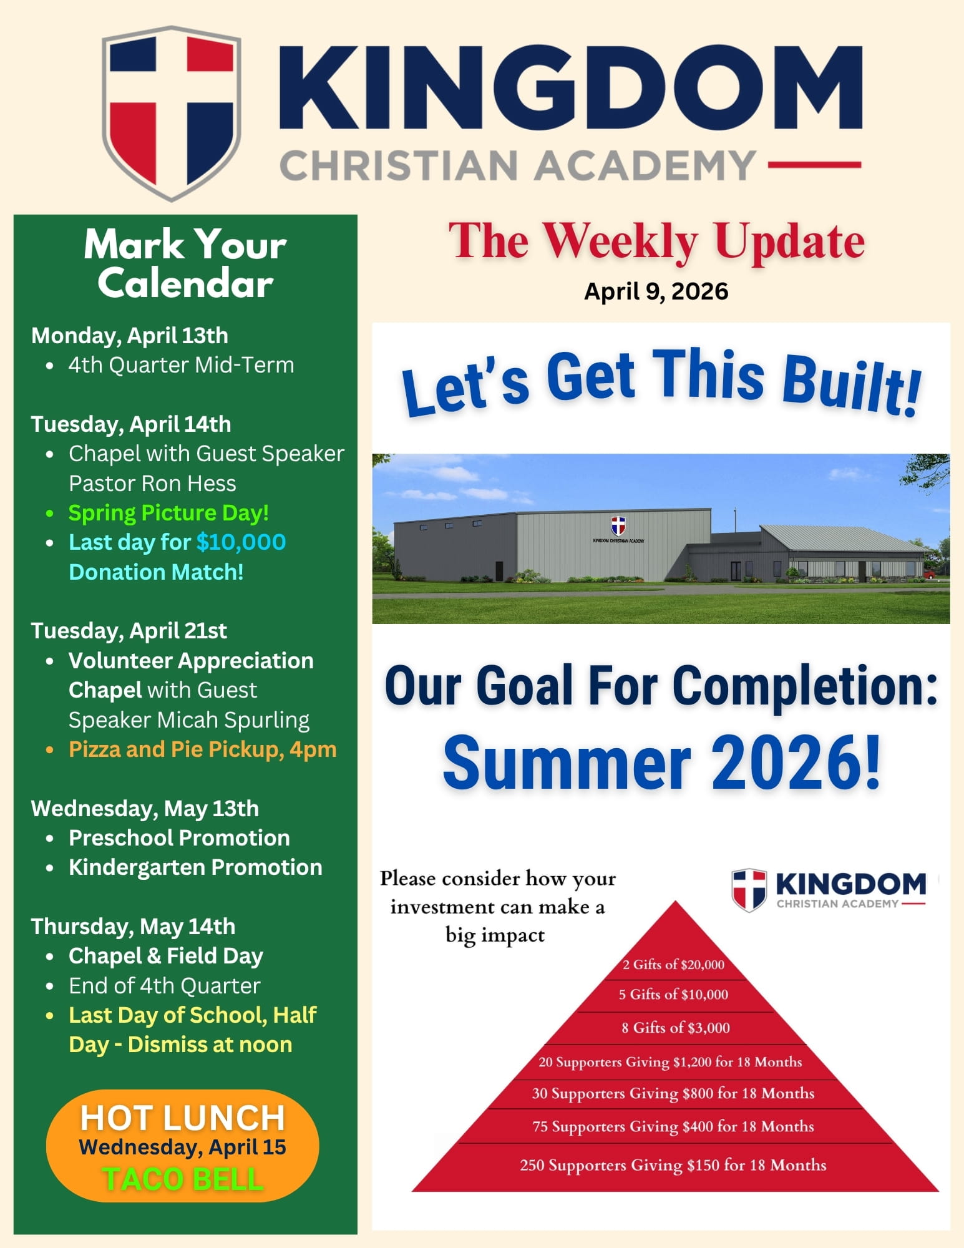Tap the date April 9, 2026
[656, 291]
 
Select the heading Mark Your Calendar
[185, 263]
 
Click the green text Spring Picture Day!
[168, 513]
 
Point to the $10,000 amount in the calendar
[241, 542]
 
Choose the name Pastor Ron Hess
[152, 484]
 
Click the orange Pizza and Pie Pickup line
[202, 749]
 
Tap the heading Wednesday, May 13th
[145, 809]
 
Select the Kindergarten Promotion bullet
[195, 867]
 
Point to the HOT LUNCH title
[182, 1118]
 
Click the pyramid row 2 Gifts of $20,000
[673, 965]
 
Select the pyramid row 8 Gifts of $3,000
[675, 1028]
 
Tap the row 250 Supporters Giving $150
[673, 1165]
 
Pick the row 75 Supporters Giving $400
[673, 1126]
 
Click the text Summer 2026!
[661, 763]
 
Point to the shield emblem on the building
[618, 525]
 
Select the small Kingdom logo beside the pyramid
[829, 889]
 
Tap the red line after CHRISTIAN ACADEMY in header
[814, 165]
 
